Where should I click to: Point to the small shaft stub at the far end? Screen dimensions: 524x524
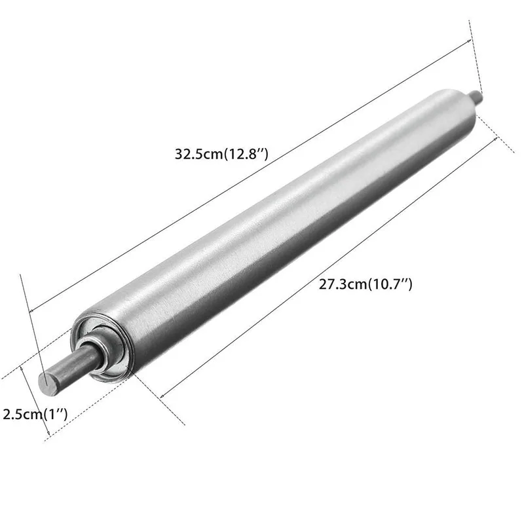[x=475, y=97]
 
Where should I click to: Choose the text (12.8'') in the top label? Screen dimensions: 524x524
[x=247, y=155]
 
